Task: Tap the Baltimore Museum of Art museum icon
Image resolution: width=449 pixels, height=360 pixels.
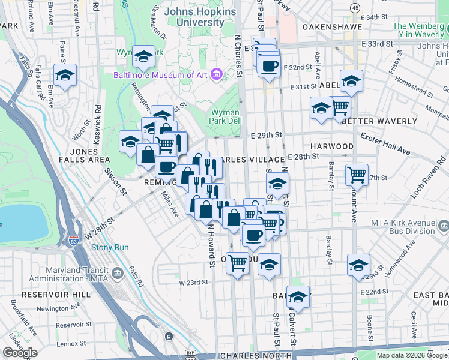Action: coord(217,74)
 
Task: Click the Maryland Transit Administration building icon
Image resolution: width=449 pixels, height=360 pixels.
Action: coord(117,274)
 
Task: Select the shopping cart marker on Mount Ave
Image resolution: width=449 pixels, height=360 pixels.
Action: coord(357,175)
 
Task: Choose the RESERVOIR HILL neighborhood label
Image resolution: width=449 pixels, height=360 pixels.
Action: coord(56,295)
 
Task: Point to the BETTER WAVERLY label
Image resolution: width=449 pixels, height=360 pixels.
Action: coord(379,121)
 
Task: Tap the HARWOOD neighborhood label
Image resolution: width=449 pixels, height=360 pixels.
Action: coord(332,146)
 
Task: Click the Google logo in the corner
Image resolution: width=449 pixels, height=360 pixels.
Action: coord(20,353)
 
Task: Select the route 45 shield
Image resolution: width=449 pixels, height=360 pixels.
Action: coord(355,7)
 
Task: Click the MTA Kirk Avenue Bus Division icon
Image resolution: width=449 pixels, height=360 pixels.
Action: coord(444,226)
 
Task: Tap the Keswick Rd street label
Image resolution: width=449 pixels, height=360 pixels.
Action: coord(97,120)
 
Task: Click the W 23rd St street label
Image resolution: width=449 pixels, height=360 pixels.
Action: coord(193,282)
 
